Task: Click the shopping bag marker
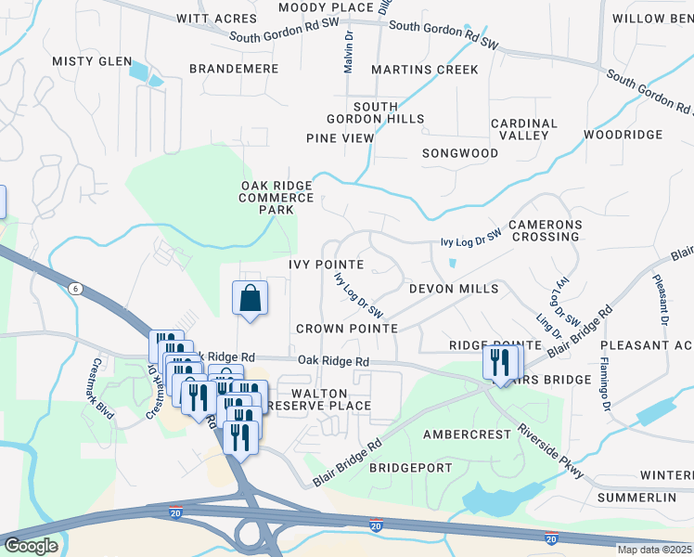(x=250, y=299)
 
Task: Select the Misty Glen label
(x=92, y=60)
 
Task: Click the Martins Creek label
(x=425, y=70)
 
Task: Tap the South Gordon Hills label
(x=375, y=113)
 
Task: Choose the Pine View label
(x=340, y=138)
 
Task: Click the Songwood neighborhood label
(x=460, y=152)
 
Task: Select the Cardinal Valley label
(x=524, y=129)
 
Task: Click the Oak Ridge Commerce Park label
(x=276, y=198)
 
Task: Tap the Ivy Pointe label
(x=325, y=265)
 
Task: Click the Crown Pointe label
(x=347, y=329)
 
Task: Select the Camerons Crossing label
(x=545, y=231)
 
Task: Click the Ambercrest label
(x=467, y=434)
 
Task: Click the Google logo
(x=31, y=545)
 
